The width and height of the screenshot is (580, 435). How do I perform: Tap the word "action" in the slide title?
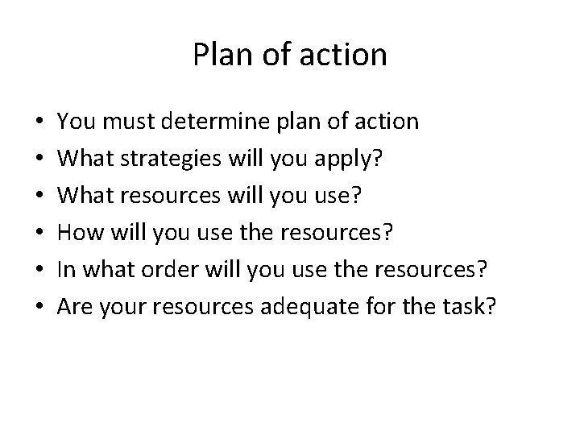tap(349, 55)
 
